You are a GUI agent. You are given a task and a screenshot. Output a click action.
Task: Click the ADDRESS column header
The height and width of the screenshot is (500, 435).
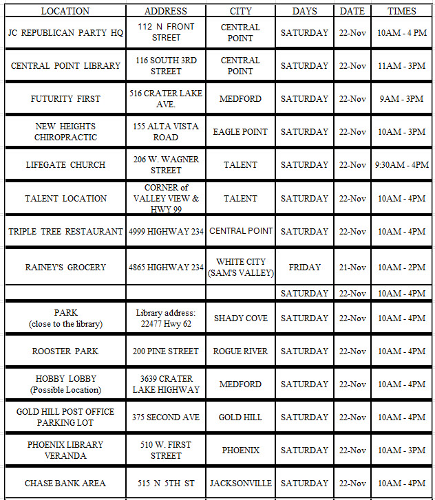click(166, 11)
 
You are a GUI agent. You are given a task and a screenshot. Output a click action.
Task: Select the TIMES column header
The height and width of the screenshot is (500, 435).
click(401, 11)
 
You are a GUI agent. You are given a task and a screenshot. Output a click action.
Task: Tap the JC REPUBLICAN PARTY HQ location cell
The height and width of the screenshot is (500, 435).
click(65, 32)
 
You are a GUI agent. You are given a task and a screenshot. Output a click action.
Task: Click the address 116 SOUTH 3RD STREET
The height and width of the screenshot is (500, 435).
click(166, 65)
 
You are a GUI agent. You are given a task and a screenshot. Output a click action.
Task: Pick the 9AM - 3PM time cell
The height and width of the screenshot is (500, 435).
click(401, 98)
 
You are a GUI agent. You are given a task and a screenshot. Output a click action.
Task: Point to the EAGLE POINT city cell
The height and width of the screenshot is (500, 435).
click(240, 131)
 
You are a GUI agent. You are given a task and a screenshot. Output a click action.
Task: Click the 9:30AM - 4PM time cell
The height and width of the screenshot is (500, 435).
click(401, 164)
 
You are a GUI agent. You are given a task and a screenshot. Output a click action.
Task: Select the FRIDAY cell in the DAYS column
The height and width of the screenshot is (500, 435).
click(304, 267)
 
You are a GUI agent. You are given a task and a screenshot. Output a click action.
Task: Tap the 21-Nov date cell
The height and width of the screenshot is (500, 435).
click(352, 267)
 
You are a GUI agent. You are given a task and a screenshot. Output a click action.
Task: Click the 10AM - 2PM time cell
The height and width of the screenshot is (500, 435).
click(401, 267)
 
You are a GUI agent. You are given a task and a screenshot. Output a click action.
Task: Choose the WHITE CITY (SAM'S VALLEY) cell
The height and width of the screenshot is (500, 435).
click(240, 267)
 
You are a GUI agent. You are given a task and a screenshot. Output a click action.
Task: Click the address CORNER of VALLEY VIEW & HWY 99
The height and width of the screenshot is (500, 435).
click(166, 198)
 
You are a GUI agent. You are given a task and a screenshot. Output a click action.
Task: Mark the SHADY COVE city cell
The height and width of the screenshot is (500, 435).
click(240, 318)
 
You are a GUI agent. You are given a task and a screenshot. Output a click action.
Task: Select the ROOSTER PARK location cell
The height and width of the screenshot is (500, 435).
click(65, 351)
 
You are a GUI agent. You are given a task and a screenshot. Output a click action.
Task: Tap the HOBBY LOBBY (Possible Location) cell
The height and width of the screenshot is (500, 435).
click(65, 384)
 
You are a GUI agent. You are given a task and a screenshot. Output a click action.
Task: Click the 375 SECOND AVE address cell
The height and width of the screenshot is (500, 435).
click(166, 417)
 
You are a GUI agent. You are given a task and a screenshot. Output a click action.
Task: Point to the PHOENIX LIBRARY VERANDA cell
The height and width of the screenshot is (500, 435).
click(65, 450)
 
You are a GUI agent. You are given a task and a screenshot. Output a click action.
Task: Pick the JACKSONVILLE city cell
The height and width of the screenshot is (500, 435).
click(240, 483)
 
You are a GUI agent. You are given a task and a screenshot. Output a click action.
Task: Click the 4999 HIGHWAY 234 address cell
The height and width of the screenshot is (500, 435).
click(166, 231)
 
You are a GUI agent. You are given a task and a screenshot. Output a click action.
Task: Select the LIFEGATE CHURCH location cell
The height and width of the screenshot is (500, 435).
click(65, 164)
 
